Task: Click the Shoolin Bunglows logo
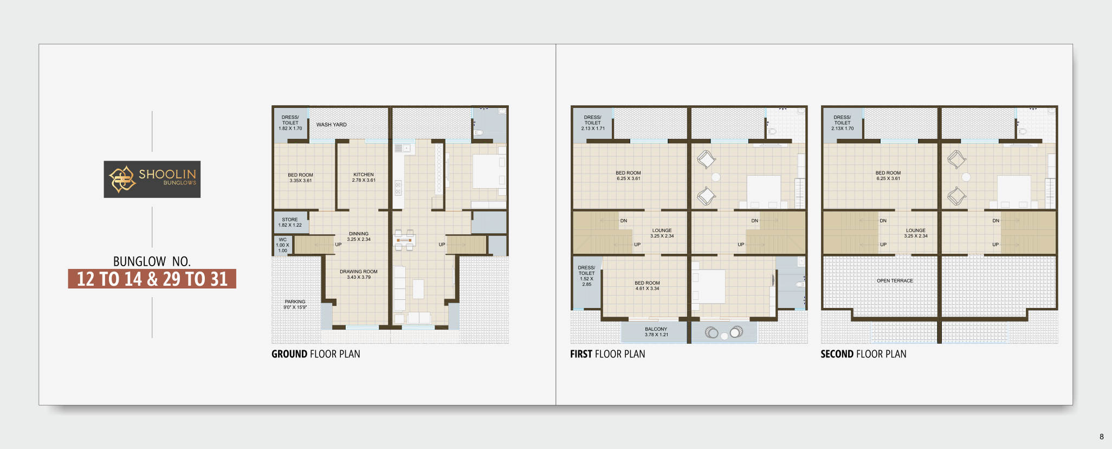[x=152, y=179]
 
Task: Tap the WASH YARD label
[x=332, y=125]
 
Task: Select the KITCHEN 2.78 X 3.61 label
[x=364, y=177]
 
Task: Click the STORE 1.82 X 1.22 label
[x=290, y=222]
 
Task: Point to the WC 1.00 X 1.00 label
[x=283, y=245]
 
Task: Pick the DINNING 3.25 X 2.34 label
[x=359, y=236]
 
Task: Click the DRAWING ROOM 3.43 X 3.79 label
[x=359, y=274]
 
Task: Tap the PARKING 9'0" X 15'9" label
[x=295, y=304]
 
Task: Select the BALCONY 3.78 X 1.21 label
[x=656, y=332]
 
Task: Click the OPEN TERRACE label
[x=895, y=281]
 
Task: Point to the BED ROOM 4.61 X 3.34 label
[x=648, y=286]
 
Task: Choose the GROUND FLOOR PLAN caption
[x=316, y=354]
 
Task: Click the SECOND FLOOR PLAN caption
[x=863, y=354]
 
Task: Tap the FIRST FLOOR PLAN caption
[x=607, y=354]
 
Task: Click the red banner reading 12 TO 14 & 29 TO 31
[x=152, y=279]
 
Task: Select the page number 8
[x=1102, y=437]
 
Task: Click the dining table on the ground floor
[x=404, y=240]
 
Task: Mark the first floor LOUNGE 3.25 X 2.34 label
[x=662, y=233]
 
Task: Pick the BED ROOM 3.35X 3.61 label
[x=301, y=178]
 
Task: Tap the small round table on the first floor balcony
[x=724, y=336]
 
